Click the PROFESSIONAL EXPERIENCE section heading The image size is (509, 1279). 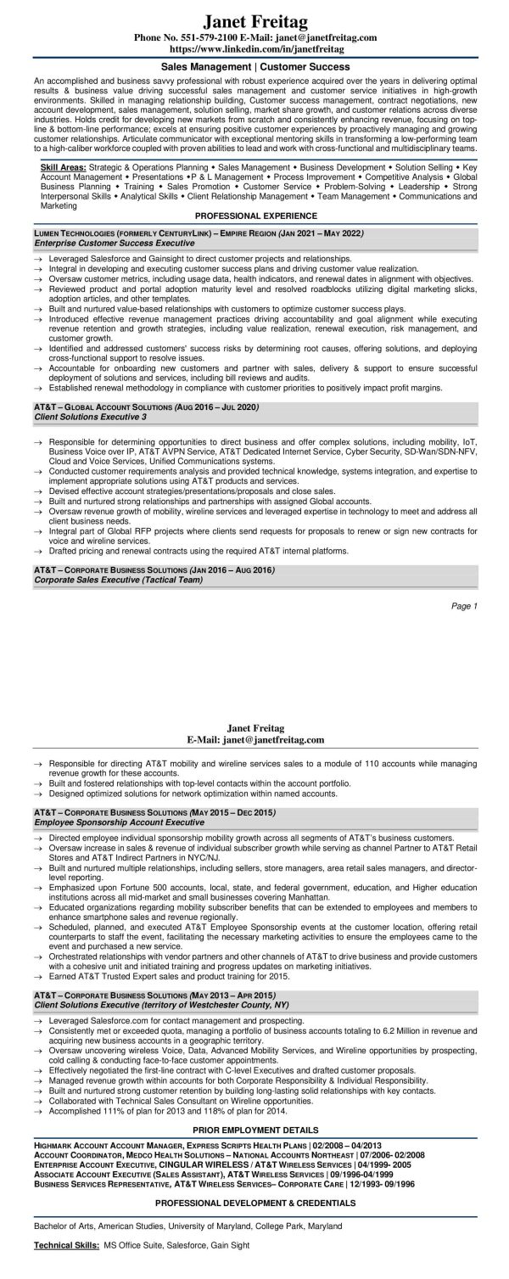[x=255, y=216]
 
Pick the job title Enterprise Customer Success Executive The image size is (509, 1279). [x=115, y=243]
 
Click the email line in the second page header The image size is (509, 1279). [x=255, y=740]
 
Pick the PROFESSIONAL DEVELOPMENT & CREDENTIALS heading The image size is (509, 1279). [x=255, y=1226]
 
